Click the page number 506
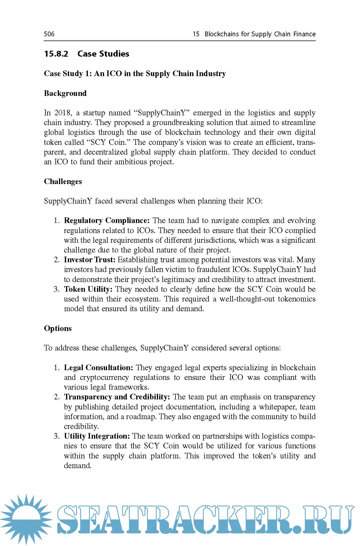(x=49, y=34)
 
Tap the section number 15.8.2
(x=56, y=54)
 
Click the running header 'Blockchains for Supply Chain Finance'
(x=260, y=34)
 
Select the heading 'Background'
(x=65, y=93)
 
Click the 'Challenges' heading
(x=63, y=181)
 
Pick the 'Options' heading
(x=58, y=328)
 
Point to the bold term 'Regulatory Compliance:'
(x=107, y=221)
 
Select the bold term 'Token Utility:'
(x=88, y=289)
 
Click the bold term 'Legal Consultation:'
(x=98, y=368)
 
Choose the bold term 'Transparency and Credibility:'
(x=117, y=397)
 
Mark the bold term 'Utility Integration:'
(x=97, y=436)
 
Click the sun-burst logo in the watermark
(x=26, y=519)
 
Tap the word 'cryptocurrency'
(x=104, y=378)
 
